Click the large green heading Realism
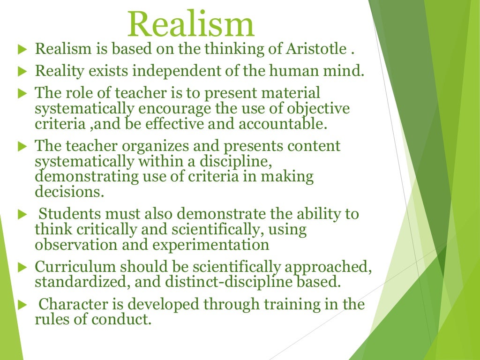tap(191, 24)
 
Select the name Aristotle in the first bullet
tap(319, 49)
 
